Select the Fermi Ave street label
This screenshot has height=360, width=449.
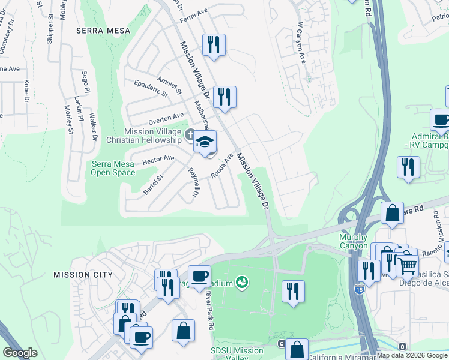(x=193, y=11)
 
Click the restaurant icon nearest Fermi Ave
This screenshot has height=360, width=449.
(x=213, y=45)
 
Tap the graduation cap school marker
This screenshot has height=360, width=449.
(x=205, y=143)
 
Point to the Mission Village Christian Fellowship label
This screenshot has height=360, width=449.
(x=152, y=136)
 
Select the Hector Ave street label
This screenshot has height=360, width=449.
(x=158, y=160)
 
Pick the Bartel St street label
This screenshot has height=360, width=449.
(x=153, y=185)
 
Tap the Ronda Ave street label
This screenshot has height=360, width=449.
(x=221, y=166)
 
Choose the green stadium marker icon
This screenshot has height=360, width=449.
(x=242, y=281)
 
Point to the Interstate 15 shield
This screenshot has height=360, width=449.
(x=360, y=288)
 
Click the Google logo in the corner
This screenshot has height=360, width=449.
(x=20, y=352)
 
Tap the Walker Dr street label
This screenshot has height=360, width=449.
(x=93, y=127)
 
